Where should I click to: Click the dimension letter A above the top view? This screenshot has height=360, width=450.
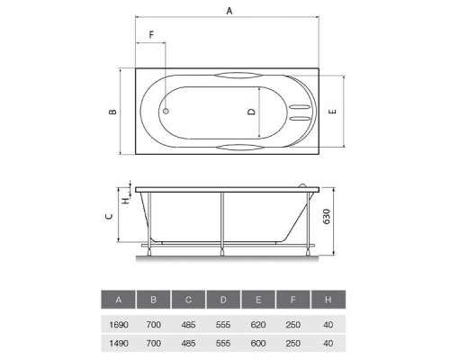coord(229,11)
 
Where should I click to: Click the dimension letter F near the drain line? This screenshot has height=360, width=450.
coord(151,35)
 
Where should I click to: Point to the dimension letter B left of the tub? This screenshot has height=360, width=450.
coord(112,112)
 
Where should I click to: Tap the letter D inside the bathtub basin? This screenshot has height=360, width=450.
coord(251,112)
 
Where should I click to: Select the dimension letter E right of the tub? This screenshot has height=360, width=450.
coord(332,112)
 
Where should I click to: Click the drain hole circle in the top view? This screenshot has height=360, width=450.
coord(166,112)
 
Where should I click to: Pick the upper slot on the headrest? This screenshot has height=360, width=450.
coord(300,107)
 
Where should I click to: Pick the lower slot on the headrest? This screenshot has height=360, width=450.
coord(300,118)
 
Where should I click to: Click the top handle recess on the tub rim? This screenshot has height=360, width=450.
coord(238,76)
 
